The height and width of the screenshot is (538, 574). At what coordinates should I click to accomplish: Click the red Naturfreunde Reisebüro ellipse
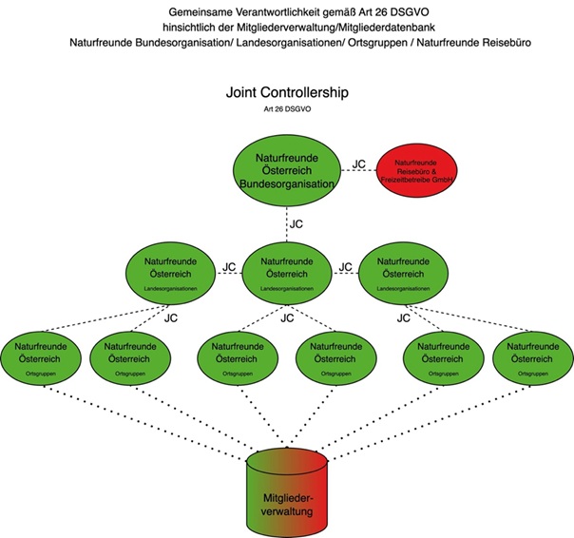tap(424, 171)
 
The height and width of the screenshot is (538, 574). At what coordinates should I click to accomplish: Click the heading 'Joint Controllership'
tap(287, 95)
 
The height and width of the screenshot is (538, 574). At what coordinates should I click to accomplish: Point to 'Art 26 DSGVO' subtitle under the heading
tap(287, 112)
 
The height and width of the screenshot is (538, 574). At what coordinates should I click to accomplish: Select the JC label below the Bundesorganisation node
tap(297, 224)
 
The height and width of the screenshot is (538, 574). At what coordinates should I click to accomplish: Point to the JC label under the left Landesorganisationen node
tap(171, 318)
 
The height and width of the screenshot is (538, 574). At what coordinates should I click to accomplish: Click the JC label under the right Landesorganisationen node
tap(402, 318)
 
